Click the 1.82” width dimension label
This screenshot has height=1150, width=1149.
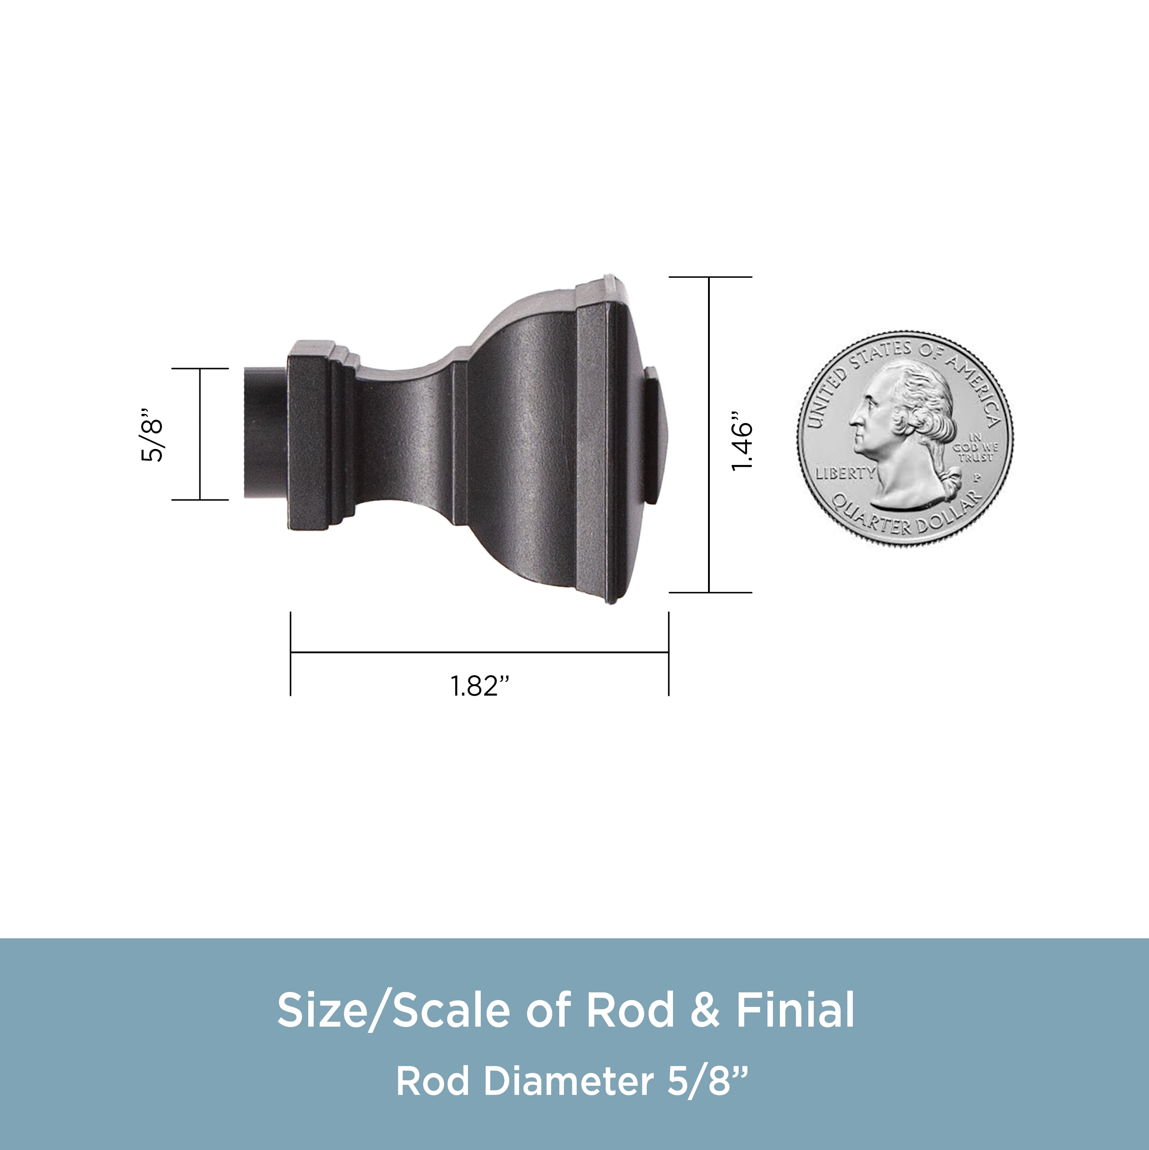pyautogui.click(x=480, y=686)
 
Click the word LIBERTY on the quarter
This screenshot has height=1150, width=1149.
pyautogui.click(x=845, y=474)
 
